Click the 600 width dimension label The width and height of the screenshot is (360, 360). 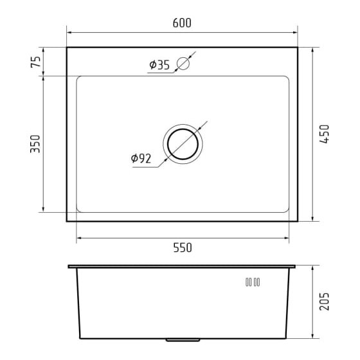[x=182, y=23]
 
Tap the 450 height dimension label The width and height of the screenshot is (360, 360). [x=324, y=134]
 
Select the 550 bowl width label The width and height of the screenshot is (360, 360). [x=183, y=248]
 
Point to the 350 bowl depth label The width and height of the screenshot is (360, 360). [x=35, y=144]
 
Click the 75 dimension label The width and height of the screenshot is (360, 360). [x=35, y=62]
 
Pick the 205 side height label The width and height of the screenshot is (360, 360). [x=324, y=301]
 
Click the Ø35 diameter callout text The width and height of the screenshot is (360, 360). [x=159, y=65]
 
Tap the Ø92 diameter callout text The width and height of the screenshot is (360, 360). [x=141, y=158]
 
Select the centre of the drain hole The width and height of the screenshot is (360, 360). [x=183, y=144]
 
